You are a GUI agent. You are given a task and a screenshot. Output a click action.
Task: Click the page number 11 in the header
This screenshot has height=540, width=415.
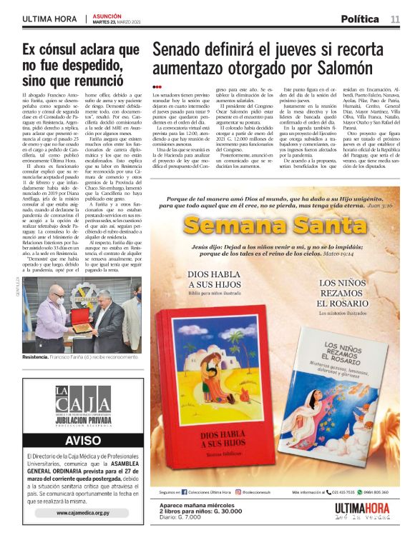click(395, 19)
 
